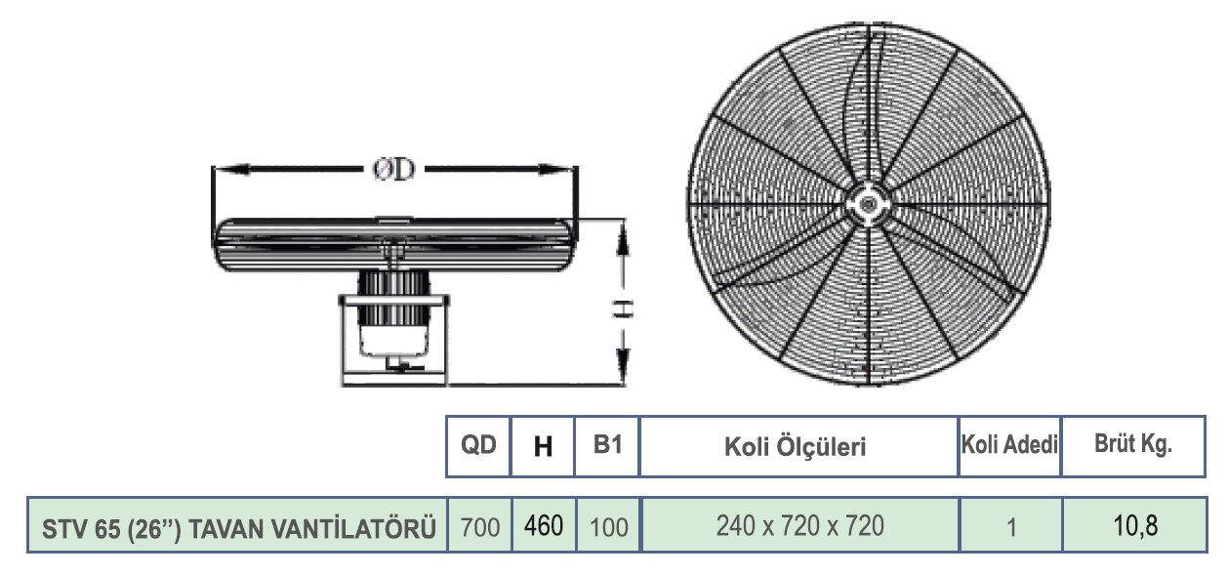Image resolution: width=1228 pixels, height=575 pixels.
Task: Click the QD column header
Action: pyautogui.click(x=478, y=444)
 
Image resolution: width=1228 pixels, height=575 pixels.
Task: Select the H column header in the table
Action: pyautogui.click(x=543, y=447)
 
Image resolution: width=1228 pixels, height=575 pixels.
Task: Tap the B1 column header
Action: pyautogui.click(x=607, y=444)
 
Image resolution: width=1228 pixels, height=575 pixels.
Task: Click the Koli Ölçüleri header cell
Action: pyautogui.click(x=795, y=447)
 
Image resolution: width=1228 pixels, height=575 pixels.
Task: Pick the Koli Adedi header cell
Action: pyautogui.click(x=1009, y=444)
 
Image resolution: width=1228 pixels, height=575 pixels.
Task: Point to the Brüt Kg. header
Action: pyautogui.click(x=1133, y=444)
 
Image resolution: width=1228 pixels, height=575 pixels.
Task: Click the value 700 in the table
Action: pyautogui.click(x=480, y=527)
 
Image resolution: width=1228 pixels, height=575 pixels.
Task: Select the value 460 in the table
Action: pyautogui.click(x=544, y=525)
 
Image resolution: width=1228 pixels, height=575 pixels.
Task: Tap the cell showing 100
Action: pyautogui.click(x=608, y=527)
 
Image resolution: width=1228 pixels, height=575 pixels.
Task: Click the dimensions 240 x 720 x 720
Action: pyautogui.click(x=799, y=526)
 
